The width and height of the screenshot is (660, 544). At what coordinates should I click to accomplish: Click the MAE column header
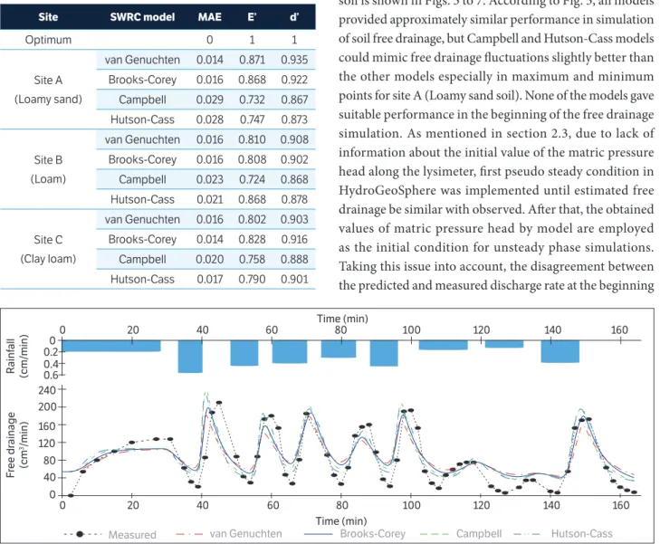point(210,17)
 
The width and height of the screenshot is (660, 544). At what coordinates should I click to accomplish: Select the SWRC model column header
point(142,17)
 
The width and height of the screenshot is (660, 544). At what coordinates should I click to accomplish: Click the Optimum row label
point(48,40)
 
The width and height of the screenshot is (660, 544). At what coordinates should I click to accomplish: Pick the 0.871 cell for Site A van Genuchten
point(252,60)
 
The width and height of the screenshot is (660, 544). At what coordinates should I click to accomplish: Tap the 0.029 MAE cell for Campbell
point(210,100)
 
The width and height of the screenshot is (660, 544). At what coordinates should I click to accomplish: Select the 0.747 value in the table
point(252,119)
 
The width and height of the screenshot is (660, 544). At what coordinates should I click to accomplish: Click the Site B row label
point(48,160)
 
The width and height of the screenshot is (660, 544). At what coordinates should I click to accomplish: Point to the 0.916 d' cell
point(294,239)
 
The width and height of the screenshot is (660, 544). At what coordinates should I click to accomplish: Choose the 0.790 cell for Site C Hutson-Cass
point(252,280)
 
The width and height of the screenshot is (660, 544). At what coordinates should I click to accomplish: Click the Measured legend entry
point(110,534)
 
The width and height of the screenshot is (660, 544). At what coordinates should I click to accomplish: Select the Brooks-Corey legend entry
point(354,534)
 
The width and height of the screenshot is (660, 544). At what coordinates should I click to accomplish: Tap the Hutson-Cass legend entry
point(563,534)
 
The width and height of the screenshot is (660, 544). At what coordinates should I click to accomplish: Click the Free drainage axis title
point(17,444)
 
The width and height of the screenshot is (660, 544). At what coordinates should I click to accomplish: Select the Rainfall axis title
point(17,357)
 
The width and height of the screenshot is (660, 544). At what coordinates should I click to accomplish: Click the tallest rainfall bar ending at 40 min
point(190,357)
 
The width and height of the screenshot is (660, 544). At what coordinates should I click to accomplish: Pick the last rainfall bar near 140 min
point(560,351)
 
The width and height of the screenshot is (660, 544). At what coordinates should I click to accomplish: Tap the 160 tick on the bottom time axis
point(620,504)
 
